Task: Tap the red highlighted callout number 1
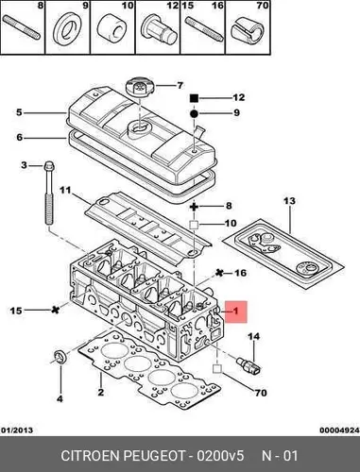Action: click(235, 312)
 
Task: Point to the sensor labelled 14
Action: click(249, 364)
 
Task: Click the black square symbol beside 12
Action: click(194, 98)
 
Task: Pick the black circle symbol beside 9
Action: click(194, 113)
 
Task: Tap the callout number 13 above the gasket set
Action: click(290, 201)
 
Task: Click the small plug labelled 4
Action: click(60, 356)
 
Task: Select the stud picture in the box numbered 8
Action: click(22, 28)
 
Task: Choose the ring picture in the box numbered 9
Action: click(67, 29)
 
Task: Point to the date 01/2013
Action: click(17, 430)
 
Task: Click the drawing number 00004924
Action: click(339, 430)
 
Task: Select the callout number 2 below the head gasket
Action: click(101, 393)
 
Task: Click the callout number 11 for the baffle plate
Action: click(65, 190)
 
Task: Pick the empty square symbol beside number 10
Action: click(194, 225)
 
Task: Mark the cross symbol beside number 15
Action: click(56, 310)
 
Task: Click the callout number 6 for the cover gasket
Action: click(20, 138)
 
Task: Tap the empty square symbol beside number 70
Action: click(217, 368)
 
